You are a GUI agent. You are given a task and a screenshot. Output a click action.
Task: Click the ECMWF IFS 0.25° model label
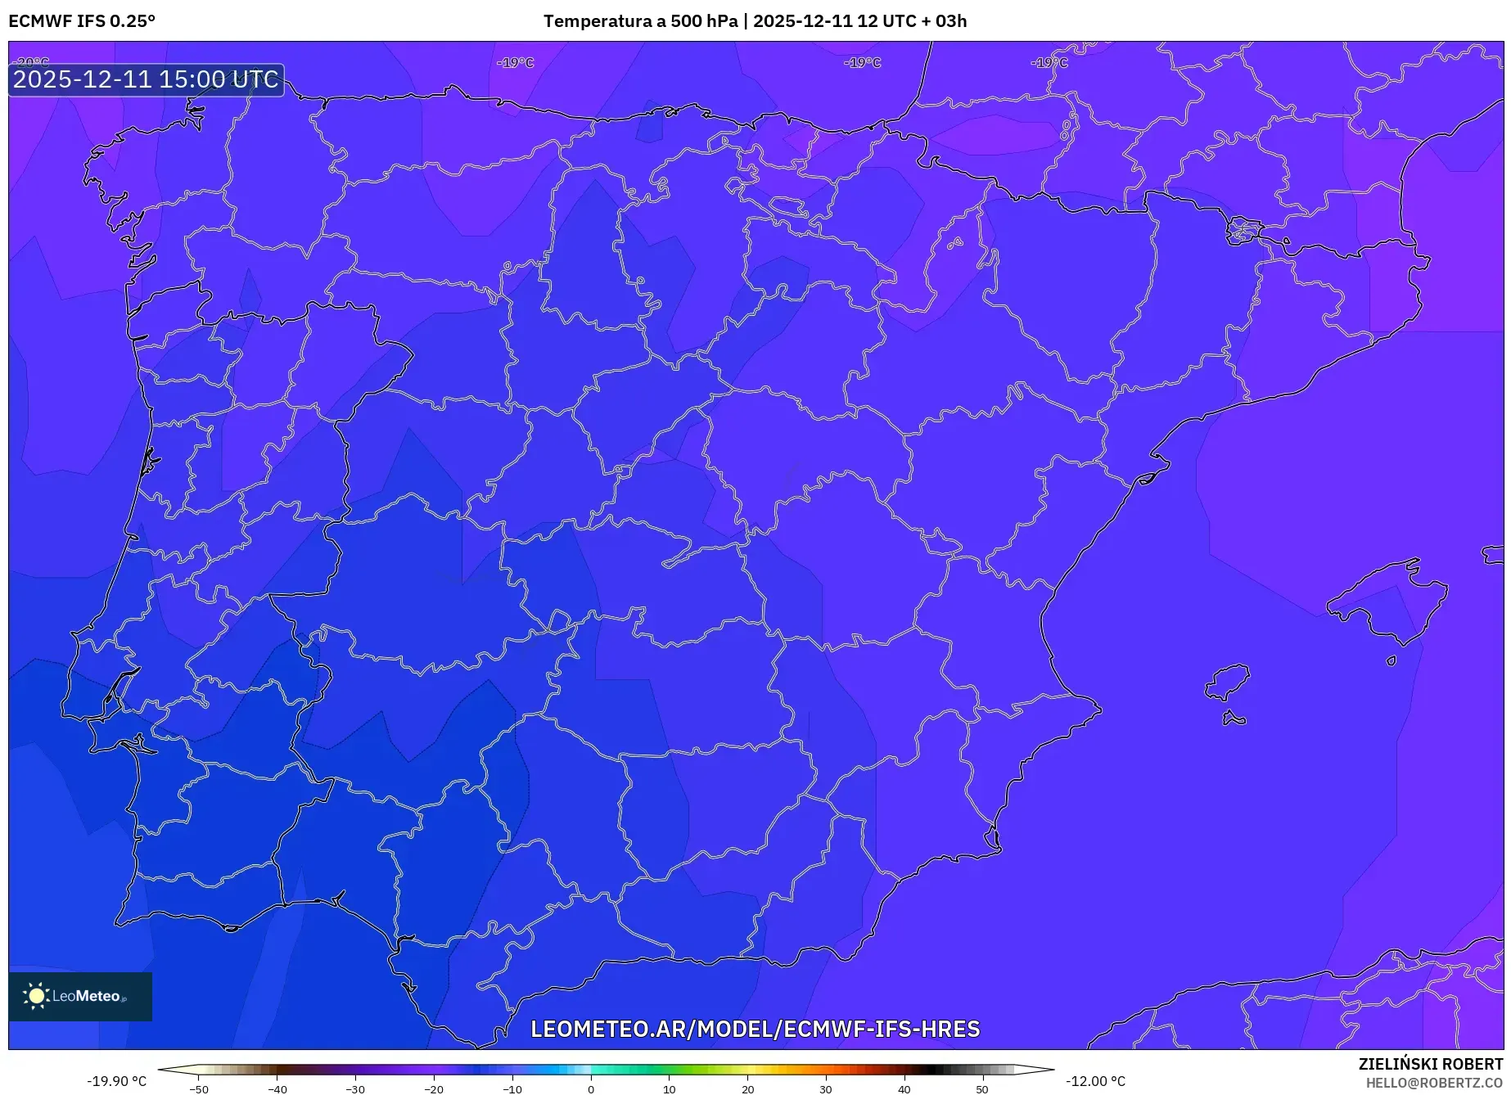point(82,21)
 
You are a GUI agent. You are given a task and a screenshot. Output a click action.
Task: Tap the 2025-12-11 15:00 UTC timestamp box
point(146,79)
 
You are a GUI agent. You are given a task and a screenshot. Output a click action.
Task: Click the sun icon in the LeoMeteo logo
point(36,995)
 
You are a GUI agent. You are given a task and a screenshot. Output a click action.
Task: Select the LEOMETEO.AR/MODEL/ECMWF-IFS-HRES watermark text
point(755,1029)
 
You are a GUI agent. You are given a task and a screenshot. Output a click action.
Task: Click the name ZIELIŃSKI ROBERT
point(1430,1065)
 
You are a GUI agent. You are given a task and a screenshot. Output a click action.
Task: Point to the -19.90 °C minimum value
point(116,1081)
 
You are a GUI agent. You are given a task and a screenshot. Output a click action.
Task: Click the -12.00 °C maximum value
point(1095,1081)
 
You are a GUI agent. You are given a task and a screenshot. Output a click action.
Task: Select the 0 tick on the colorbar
point(591,1089)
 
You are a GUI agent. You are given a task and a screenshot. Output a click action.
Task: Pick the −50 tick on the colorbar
point(199,1089)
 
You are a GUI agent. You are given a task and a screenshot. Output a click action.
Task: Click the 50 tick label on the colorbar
point(982,1089)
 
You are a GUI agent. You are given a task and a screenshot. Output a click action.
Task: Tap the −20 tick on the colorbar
point(434,1089)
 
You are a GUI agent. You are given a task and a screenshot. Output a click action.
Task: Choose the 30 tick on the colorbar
point(826,1089)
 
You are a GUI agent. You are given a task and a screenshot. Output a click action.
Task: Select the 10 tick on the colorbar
point(670,1089)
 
